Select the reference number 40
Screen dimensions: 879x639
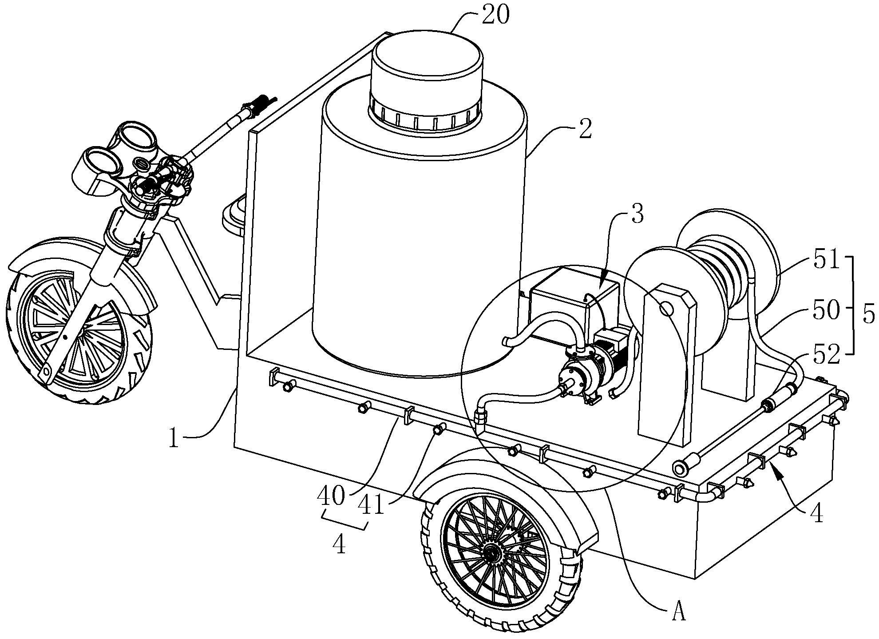pos(331,496)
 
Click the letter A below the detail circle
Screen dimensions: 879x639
pos(679,613)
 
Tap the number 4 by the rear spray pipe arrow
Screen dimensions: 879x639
pos(816,514)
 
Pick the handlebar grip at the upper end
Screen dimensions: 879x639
pos(260,105)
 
